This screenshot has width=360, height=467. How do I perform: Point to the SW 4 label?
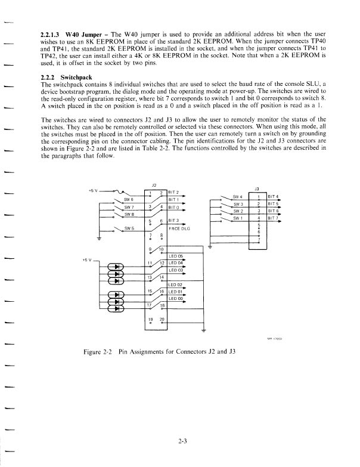coord(237,196)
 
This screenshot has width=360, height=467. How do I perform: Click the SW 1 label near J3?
coord(237,218)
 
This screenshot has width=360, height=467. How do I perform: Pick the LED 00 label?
coord(175,298)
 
